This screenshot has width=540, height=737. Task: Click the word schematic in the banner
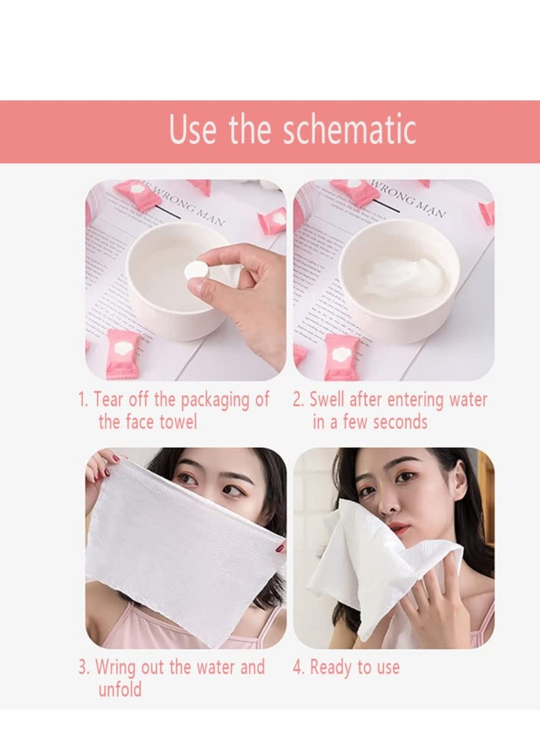[349, 130]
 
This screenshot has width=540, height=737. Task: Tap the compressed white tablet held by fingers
[194, 270]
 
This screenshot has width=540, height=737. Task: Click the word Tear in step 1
[110, 400]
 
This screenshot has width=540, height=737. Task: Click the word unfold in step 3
[120, 690]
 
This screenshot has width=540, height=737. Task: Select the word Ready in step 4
[331, 668]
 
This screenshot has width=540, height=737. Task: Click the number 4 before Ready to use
[298, 668]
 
